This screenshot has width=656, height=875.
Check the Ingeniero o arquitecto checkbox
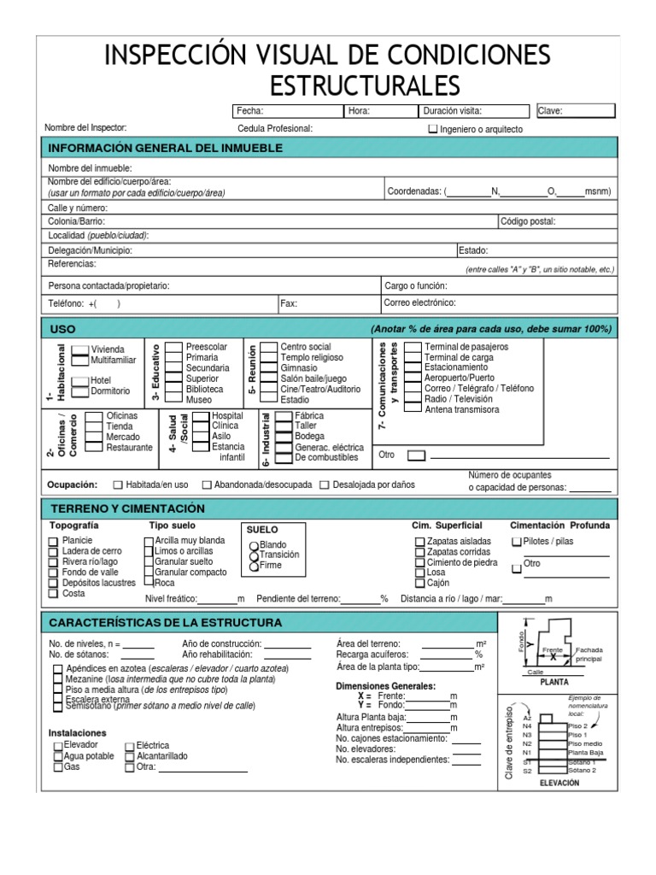pyautogui.click(x=432, y=130)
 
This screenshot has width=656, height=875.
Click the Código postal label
pyautogui.click(x=528, y=221)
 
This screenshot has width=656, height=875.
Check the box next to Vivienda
pyautogui.click(x=80, y=349)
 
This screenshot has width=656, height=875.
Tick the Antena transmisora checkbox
pyautogui.click(x=413, y=409)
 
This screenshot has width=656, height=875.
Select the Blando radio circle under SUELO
pyautogui.click(x=254, y=545)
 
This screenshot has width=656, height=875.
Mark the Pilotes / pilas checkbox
pyautogui.click(x=516, y=542)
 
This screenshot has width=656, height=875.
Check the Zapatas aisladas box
pyautogui.click(x=419, y=542)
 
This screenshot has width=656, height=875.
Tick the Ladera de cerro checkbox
pyautogui.click(x=53, y=551)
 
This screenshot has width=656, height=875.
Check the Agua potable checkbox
pyautogui.click(x=58, y=756)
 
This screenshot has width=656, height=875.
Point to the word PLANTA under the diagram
pyautogui.click(x=554, y=683)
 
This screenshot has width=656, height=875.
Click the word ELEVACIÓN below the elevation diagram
pyautogui.click(x=559, y=782)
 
